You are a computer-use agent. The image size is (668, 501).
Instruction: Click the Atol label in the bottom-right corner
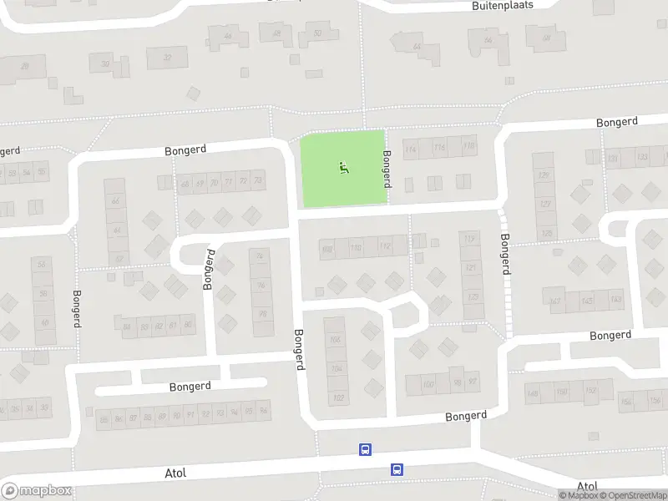[587, 486]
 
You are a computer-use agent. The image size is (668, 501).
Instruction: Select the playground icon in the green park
[343, 168]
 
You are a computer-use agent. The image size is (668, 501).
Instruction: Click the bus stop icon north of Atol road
[365, 450]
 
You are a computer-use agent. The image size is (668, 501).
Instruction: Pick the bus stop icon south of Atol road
[397, 470]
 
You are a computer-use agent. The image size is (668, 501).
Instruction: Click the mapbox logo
[36, 491]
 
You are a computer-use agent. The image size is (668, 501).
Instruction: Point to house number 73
[257, 181]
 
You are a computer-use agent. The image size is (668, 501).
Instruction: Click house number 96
[261, 286]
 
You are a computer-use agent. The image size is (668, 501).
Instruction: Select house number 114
[410, 150]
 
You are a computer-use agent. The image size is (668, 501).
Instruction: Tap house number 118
[468, 147]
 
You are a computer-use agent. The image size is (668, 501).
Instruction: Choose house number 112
[384, 247]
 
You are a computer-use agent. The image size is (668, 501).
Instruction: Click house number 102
[338, 397]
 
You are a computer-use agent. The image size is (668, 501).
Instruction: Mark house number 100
[428, 385]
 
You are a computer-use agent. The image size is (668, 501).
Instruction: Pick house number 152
[591, 391]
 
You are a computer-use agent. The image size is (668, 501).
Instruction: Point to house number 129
[544, 175]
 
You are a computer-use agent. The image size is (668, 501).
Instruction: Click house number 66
[116, 202]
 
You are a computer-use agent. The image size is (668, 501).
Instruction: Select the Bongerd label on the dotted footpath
[505, 254]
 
